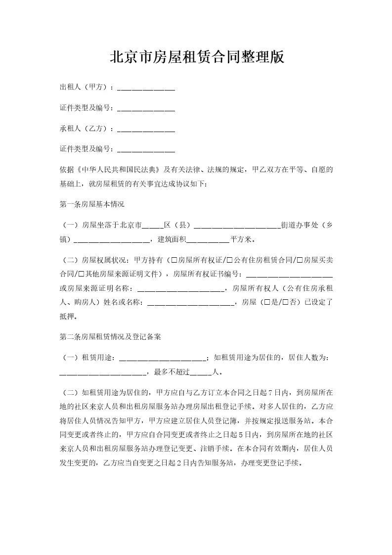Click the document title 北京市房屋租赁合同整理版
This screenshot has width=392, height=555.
(x=196, y=57)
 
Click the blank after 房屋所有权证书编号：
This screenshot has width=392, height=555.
(x=289, y=274)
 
